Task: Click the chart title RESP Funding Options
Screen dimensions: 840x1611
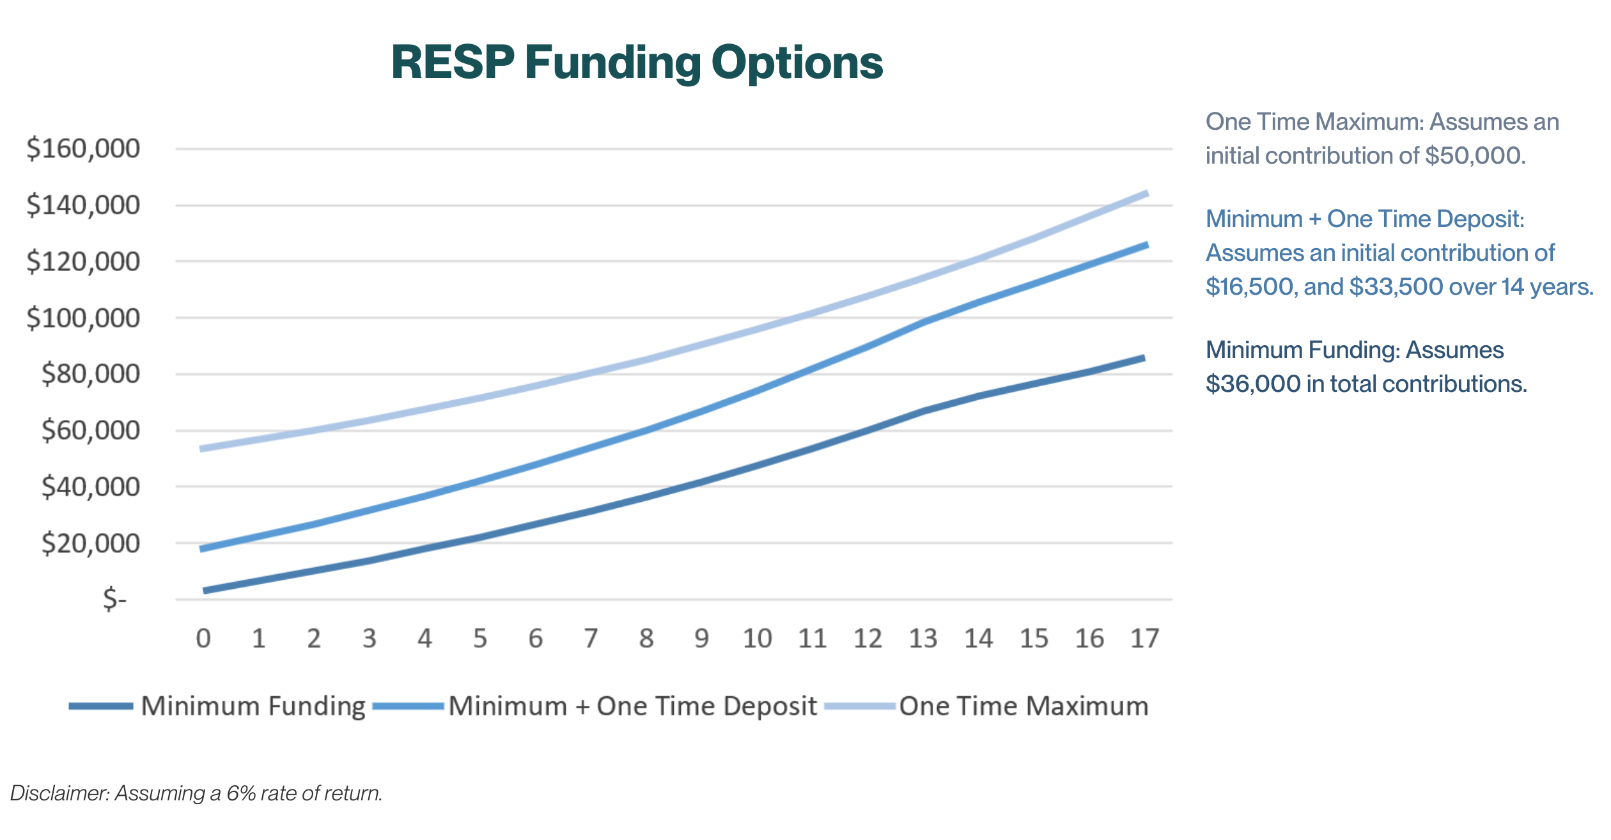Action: [x=637, y=63]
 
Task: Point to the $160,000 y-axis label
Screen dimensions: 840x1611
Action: [x=83, y=148]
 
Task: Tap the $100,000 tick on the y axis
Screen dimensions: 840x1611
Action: [x=83, y=318]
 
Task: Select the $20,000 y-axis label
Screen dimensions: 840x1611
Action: [x=90, y=543]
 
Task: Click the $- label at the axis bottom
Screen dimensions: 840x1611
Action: [x=115, y=600]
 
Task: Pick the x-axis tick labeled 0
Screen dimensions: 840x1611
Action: [x=203, y=639]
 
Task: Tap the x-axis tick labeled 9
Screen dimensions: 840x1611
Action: [x=702, y=639]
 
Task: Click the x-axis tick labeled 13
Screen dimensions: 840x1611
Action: [x=923, y=639]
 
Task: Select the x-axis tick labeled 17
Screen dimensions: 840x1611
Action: [x=1144, y=639]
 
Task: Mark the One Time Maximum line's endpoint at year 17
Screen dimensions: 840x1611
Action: [x=1146, y=194]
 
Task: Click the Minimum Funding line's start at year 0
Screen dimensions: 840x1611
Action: [x=205, y=591]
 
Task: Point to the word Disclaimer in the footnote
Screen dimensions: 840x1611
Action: [x=60, y=793]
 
